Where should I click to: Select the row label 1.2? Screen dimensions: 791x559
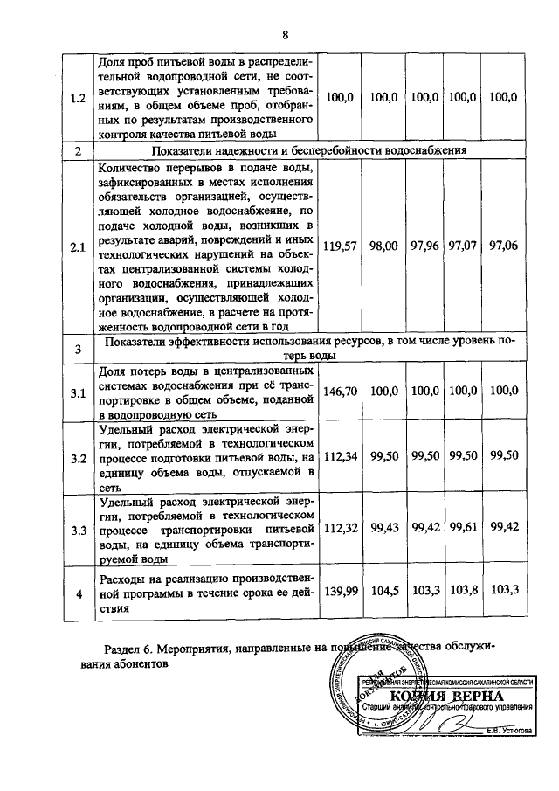pos(78,98)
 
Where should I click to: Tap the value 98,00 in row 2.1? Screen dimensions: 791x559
pos(383,246)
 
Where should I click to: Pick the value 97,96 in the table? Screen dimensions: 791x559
pos(424,246)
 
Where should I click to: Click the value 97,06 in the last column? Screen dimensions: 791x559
pos(504,246)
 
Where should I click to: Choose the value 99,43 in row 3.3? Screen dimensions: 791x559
pos(383,529)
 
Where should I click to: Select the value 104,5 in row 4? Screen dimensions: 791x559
pos(383,591)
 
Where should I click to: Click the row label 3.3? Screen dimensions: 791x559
pos(78,530)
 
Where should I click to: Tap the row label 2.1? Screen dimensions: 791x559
pos(78,247)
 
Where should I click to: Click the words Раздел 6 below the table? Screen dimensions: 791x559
pos(128,648)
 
